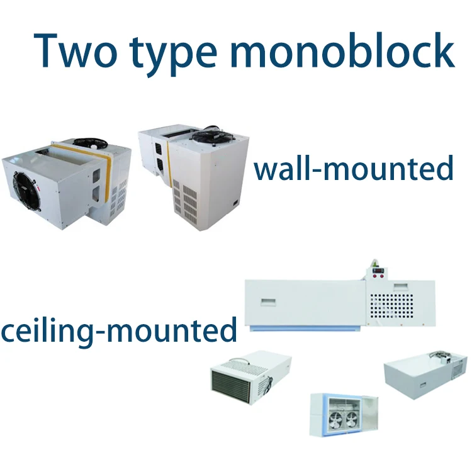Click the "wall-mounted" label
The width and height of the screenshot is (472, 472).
pyautogui.click(x=353, y=169)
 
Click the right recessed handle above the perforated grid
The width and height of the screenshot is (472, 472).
pyautogui.click(x=401, y=286)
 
